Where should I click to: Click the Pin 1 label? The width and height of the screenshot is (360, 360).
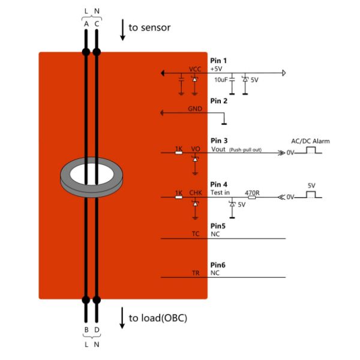(x=219, y=61)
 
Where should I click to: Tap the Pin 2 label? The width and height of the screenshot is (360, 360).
(x=219, y=101)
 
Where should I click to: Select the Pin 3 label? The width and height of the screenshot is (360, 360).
(x=219, y=140)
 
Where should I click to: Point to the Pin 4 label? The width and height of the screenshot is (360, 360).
(x=219, y=185)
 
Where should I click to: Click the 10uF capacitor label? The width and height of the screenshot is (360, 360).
(x=221, y=79)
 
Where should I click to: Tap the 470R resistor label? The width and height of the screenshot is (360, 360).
(x=252, y=193)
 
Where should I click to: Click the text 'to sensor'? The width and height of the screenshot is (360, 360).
(x=149, y=28)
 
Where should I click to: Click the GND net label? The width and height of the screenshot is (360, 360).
(x=195, y=109)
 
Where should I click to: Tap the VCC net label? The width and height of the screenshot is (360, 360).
(x=195, y=70)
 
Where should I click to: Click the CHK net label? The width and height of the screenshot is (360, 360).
(x=196, y=193)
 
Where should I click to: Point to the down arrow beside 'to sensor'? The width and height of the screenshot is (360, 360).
(x=122, y=29)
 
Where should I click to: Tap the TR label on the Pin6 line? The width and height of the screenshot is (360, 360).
(x=195, y=273)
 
